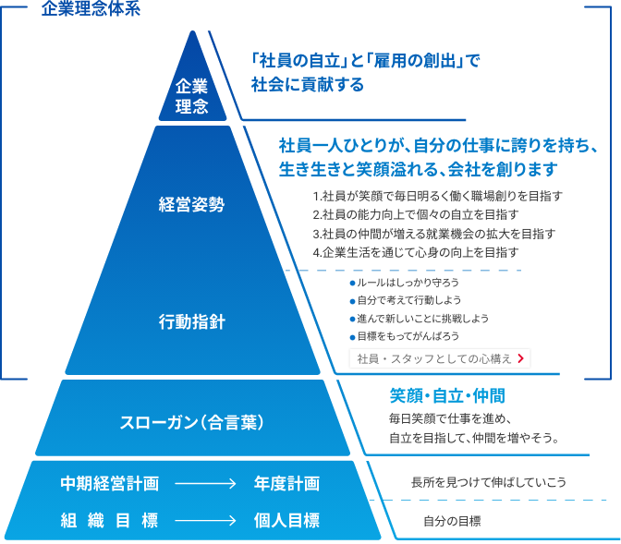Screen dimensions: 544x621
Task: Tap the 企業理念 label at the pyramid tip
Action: pyautogui.click(x=192, y=97)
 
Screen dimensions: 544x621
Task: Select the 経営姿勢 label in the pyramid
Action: pyautogui.click(x=191, y=204)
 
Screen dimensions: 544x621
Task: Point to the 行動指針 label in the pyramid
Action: pyautogui.click(x=191, y=322)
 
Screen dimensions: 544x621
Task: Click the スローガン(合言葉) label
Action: pyautogui.click(x=192, y=421)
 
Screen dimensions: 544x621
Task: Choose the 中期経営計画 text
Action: pyautogui.click(x=109, y=483)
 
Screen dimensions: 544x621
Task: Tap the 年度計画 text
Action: pyautogui.click(x=286, y=483)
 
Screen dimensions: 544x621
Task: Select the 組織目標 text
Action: pyautogui.click(x=109, y=520)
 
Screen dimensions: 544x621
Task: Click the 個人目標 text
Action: pyautogui.click(x=286, y=520)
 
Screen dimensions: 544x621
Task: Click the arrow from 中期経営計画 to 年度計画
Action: pyautogui.click(x=205, y=483)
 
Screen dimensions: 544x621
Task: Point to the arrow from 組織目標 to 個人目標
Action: pyautogui.click(x=205, y=520)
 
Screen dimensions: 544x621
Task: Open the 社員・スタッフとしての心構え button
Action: pyautogui.click(x=439, y=357)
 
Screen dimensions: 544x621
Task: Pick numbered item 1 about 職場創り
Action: pyautogui.click(x=437, y=196)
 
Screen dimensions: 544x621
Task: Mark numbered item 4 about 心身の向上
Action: pyautogui.click(x=416, y=251)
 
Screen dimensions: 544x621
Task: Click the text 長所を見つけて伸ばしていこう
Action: pyautogui.click(x=488, y=482)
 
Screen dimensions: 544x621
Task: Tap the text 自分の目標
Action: pyautogui.click(x=451, y=520)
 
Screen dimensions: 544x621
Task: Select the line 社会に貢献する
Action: pyautogui.click(x=308, y=85)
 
